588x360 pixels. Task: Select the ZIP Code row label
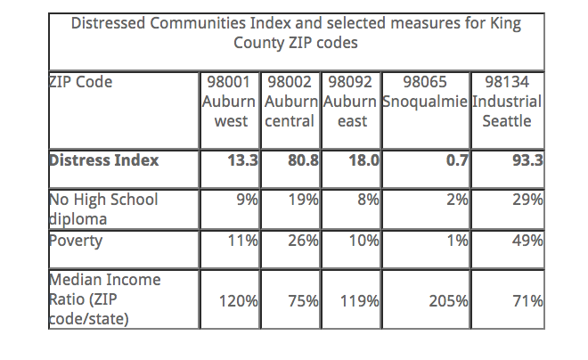coord(81,82)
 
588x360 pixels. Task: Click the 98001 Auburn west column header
coord(229,101)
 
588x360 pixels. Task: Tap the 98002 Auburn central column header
coord(290,101)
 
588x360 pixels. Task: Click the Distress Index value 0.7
coord(453,161)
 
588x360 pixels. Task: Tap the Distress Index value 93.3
coord(526,161)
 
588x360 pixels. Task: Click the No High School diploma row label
coord(102,209)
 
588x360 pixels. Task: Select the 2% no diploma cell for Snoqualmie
coord(456,201)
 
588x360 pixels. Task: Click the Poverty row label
coord(76,241)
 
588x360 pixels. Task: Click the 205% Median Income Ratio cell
coord(449,301)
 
